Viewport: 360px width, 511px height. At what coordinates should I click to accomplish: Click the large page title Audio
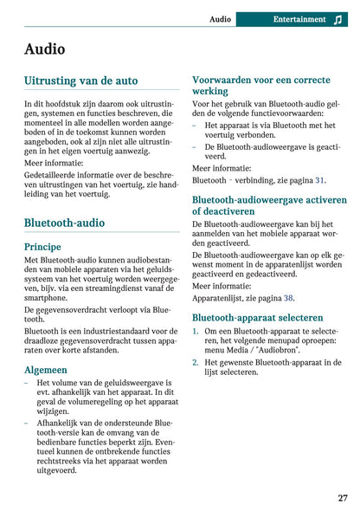(x=44, y=49)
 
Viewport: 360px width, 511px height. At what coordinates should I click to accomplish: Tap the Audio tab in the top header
(x=220, y=18)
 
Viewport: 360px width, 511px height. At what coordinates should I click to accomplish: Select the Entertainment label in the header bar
(x=299, y=18)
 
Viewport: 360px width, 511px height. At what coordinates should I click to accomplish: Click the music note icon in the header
(x=337, y=19)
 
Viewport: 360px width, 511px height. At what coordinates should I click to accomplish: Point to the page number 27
(x=343, y=498)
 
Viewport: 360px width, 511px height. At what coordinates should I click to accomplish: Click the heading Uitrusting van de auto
(x=80, y=81)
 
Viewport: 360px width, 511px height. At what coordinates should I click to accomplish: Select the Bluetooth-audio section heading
(x=65, y=223)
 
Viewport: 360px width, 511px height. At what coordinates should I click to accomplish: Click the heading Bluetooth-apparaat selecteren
(x=257, y=317)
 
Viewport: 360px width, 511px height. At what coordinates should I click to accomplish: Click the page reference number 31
(x=320, y=180)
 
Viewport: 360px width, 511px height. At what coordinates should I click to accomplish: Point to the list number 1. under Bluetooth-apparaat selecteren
(x=196, y=331)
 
